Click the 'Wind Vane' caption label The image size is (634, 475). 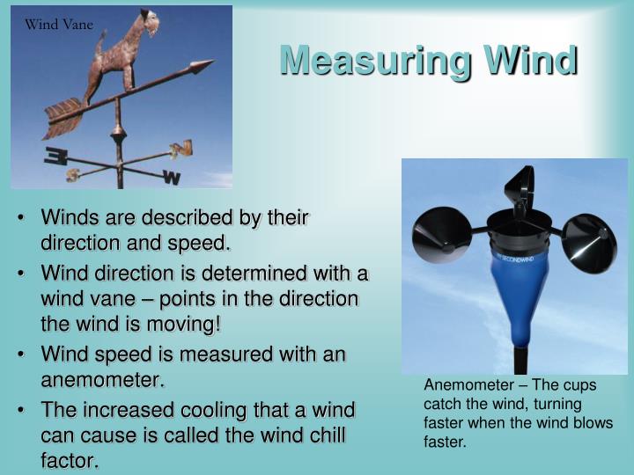[59, 25]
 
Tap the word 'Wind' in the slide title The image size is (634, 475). [532, 61]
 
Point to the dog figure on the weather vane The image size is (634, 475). [122, 53]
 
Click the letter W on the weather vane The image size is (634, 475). [172, 178]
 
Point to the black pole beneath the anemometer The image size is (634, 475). [520, 361]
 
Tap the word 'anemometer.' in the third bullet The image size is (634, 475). [103, 381]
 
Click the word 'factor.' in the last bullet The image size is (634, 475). [70, 460]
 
